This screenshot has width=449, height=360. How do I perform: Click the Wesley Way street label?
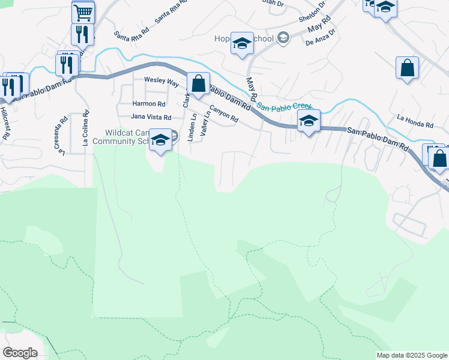point(161,80)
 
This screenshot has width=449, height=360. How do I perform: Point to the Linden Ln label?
point(192,128)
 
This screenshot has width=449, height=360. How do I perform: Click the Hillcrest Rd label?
point(5,124)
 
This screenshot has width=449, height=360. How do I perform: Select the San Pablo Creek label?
point(279,107)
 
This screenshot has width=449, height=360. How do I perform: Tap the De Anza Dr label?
point(319,42)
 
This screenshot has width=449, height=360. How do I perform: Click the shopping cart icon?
point(83,11)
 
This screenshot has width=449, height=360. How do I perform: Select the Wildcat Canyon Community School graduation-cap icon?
point(160,140)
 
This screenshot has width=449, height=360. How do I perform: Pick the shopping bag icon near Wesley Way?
point(199,83)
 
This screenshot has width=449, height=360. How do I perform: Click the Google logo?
point(20,353)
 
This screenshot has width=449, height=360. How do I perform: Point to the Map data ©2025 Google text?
point(411,355)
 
